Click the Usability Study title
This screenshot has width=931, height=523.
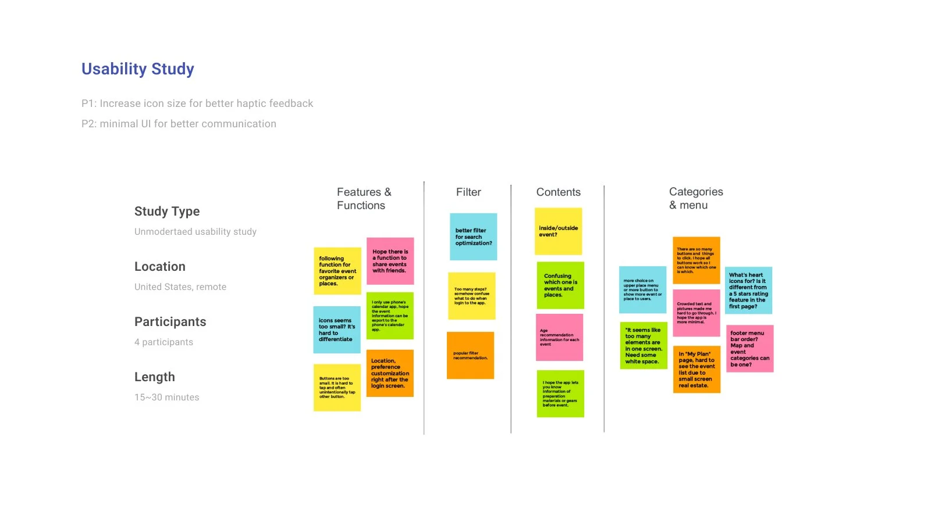(x=138, y=69)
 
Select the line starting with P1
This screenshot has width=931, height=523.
(x=197, y=103)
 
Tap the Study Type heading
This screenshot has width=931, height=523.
(x=167, y=212)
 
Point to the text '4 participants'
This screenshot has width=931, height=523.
(x=164, y=342)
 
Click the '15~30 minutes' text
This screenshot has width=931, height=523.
(x=166, y=397)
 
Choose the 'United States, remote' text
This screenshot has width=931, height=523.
(x=180, y=287)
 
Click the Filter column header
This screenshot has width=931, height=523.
(x=468, y=192)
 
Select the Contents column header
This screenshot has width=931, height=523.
(x=558, y=192)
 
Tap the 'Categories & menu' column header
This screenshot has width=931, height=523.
(x=696, y=198)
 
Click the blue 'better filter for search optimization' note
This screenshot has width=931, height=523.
(x=473, y=237)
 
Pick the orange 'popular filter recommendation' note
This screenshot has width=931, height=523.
(x=470, y=356)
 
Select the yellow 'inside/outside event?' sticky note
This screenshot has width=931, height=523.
(x=558, y=231)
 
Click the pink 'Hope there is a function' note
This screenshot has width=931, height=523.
(x=390, y=261)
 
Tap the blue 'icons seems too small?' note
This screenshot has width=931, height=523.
(x=336, y=329)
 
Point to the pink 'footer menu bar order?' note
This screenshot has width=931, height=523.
(x=749, y=349)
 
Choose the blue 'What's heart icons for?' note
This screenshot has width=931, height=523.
(x=748, y=290)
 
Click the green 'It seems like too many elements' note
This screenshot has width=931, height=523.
(x=643, y=346)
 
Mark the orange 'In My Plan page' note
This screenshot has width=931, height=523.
(x=697, y=370)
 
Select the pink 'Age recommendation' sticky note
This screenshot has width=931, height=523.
(x=559, y=338)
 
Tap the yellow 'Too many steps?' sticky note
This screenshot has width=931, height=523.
(x=471, y=296)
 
